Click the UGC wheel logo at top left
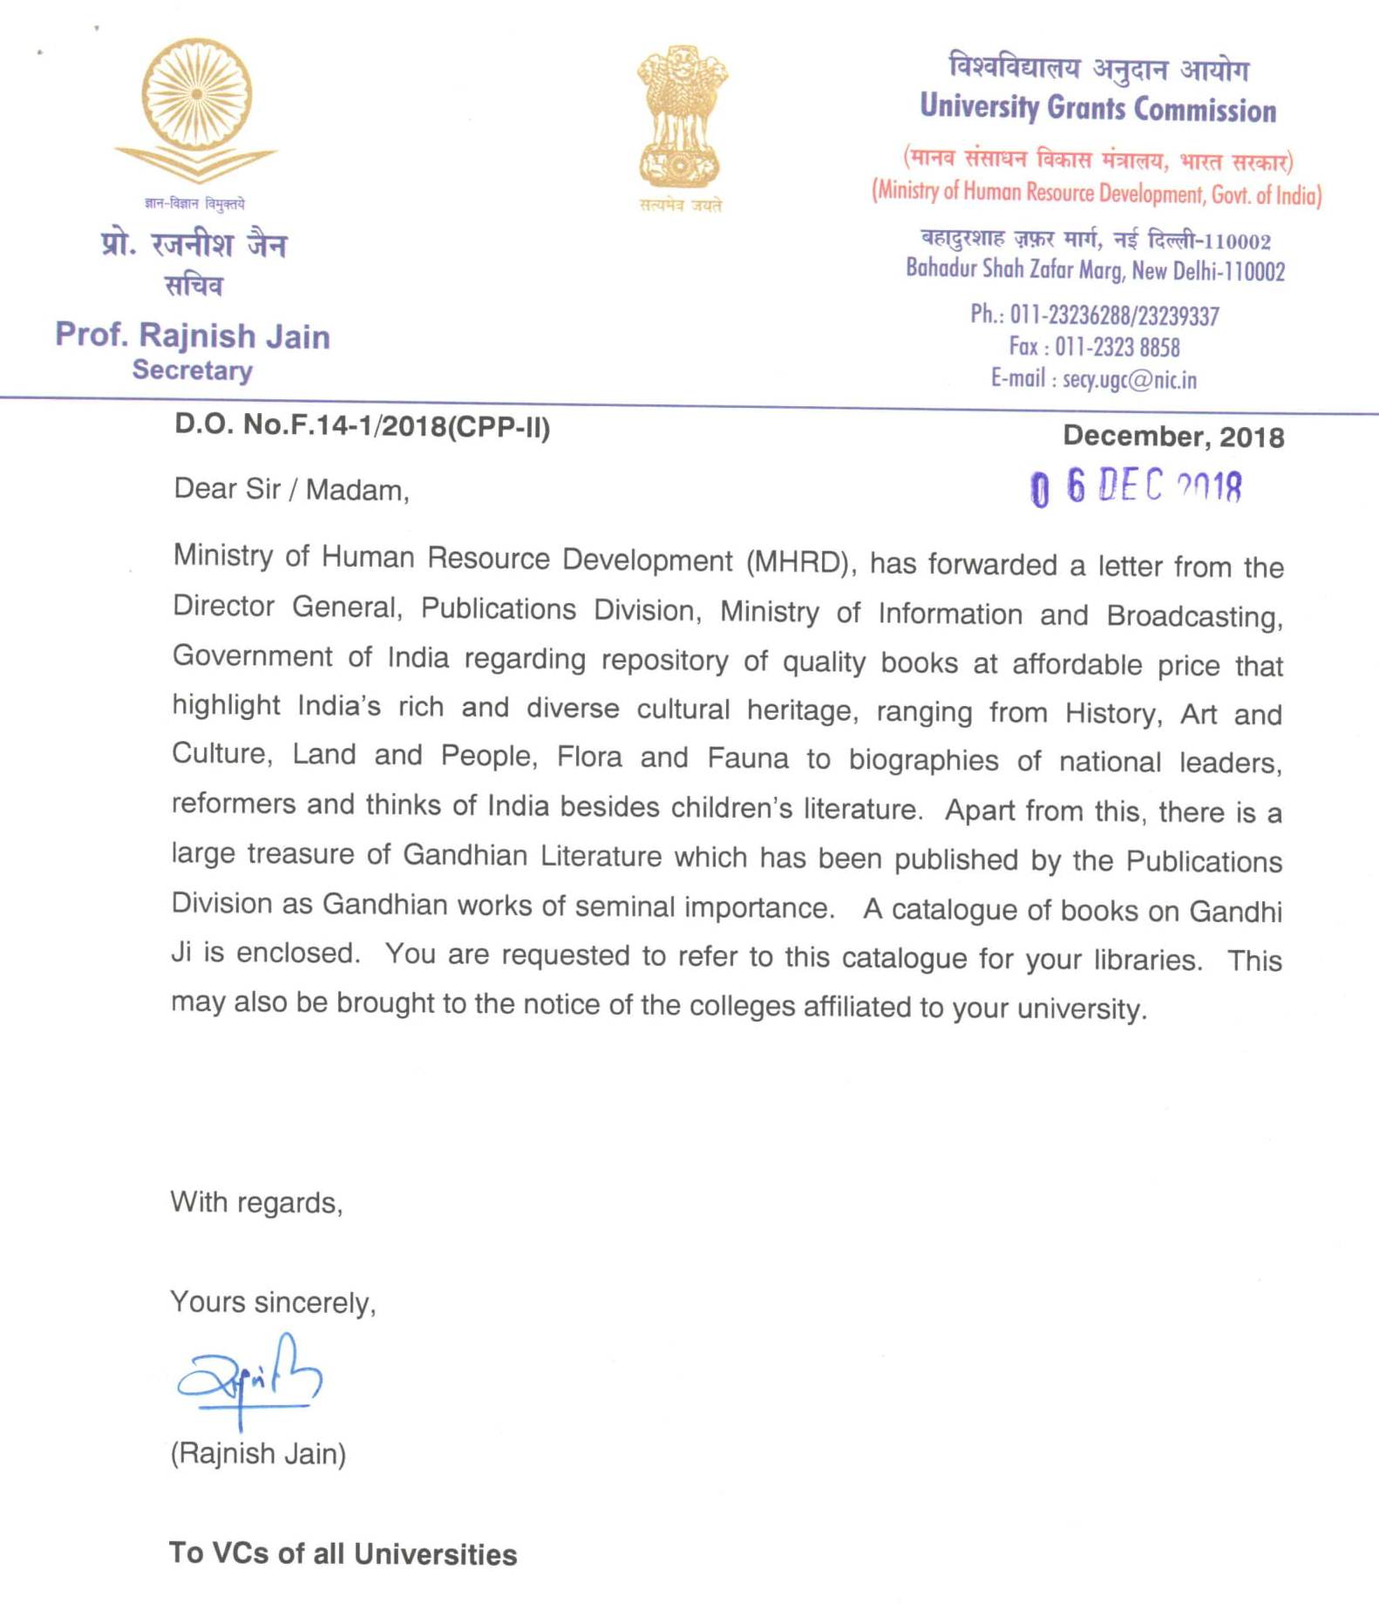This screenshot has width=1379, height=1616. (197, 109)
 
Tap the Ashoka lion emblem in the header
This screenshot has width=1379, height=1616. (682, 118)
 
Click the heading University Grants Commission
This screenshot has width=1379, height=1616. (1097, 108)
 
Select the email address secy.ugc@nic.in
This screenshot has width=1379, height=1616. (1129, 379)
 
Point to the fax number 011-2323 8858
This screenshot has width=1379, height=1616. (1117, 347)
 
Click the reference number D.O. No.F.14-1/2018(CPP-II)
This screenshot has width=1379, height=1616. (362, 425)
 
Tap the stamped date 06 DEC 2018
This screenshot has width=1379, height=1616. (1136, 486)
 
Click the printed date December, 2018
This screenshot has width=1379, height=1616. (1172, 436)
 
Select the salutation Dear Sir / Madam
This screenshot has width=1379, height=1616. (291, 489)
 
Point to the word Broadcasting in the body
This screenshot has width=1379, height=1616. (1193, 615)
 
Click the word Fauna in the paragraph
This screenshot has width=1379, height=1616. (747, 758)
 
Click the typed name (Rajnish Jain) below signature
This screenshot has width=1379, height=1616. (258, 1453)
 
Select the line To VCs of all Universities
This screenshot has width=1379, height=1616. (343, 1553)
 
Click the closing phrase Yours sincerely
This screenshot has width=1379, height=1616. (272, 1302)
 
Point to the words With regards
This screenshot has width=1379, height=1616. (256, 1202)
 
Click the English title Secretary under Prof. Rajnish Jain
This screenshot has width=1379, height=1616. (192, 370)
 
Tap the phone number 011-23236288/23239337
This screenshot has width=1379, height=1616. (1114, 315)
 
